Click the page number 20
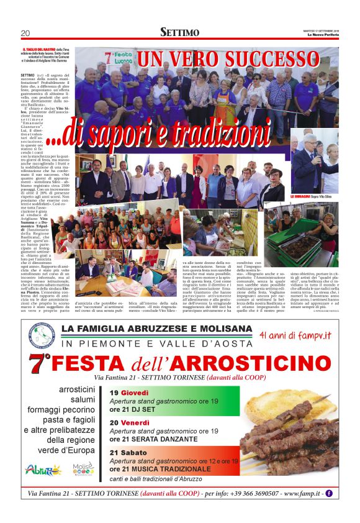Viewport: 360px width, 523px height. click(x=25, y=33)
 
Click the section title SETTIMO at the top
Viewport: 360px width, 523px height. click(x=179, y=32)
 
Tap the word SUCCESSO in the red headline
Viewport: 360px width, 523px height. click(x=271, y=60)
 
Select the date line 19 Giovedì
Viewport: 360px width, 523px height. click(x=129, y=393)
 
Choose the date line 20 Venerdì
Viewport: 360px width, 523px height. click(x=131, y=422)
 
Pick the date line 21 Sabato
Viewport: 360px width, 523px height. click(x=128, y=453)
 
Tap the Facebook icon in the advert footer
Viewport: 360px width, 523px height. click(x=329, y=494)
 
